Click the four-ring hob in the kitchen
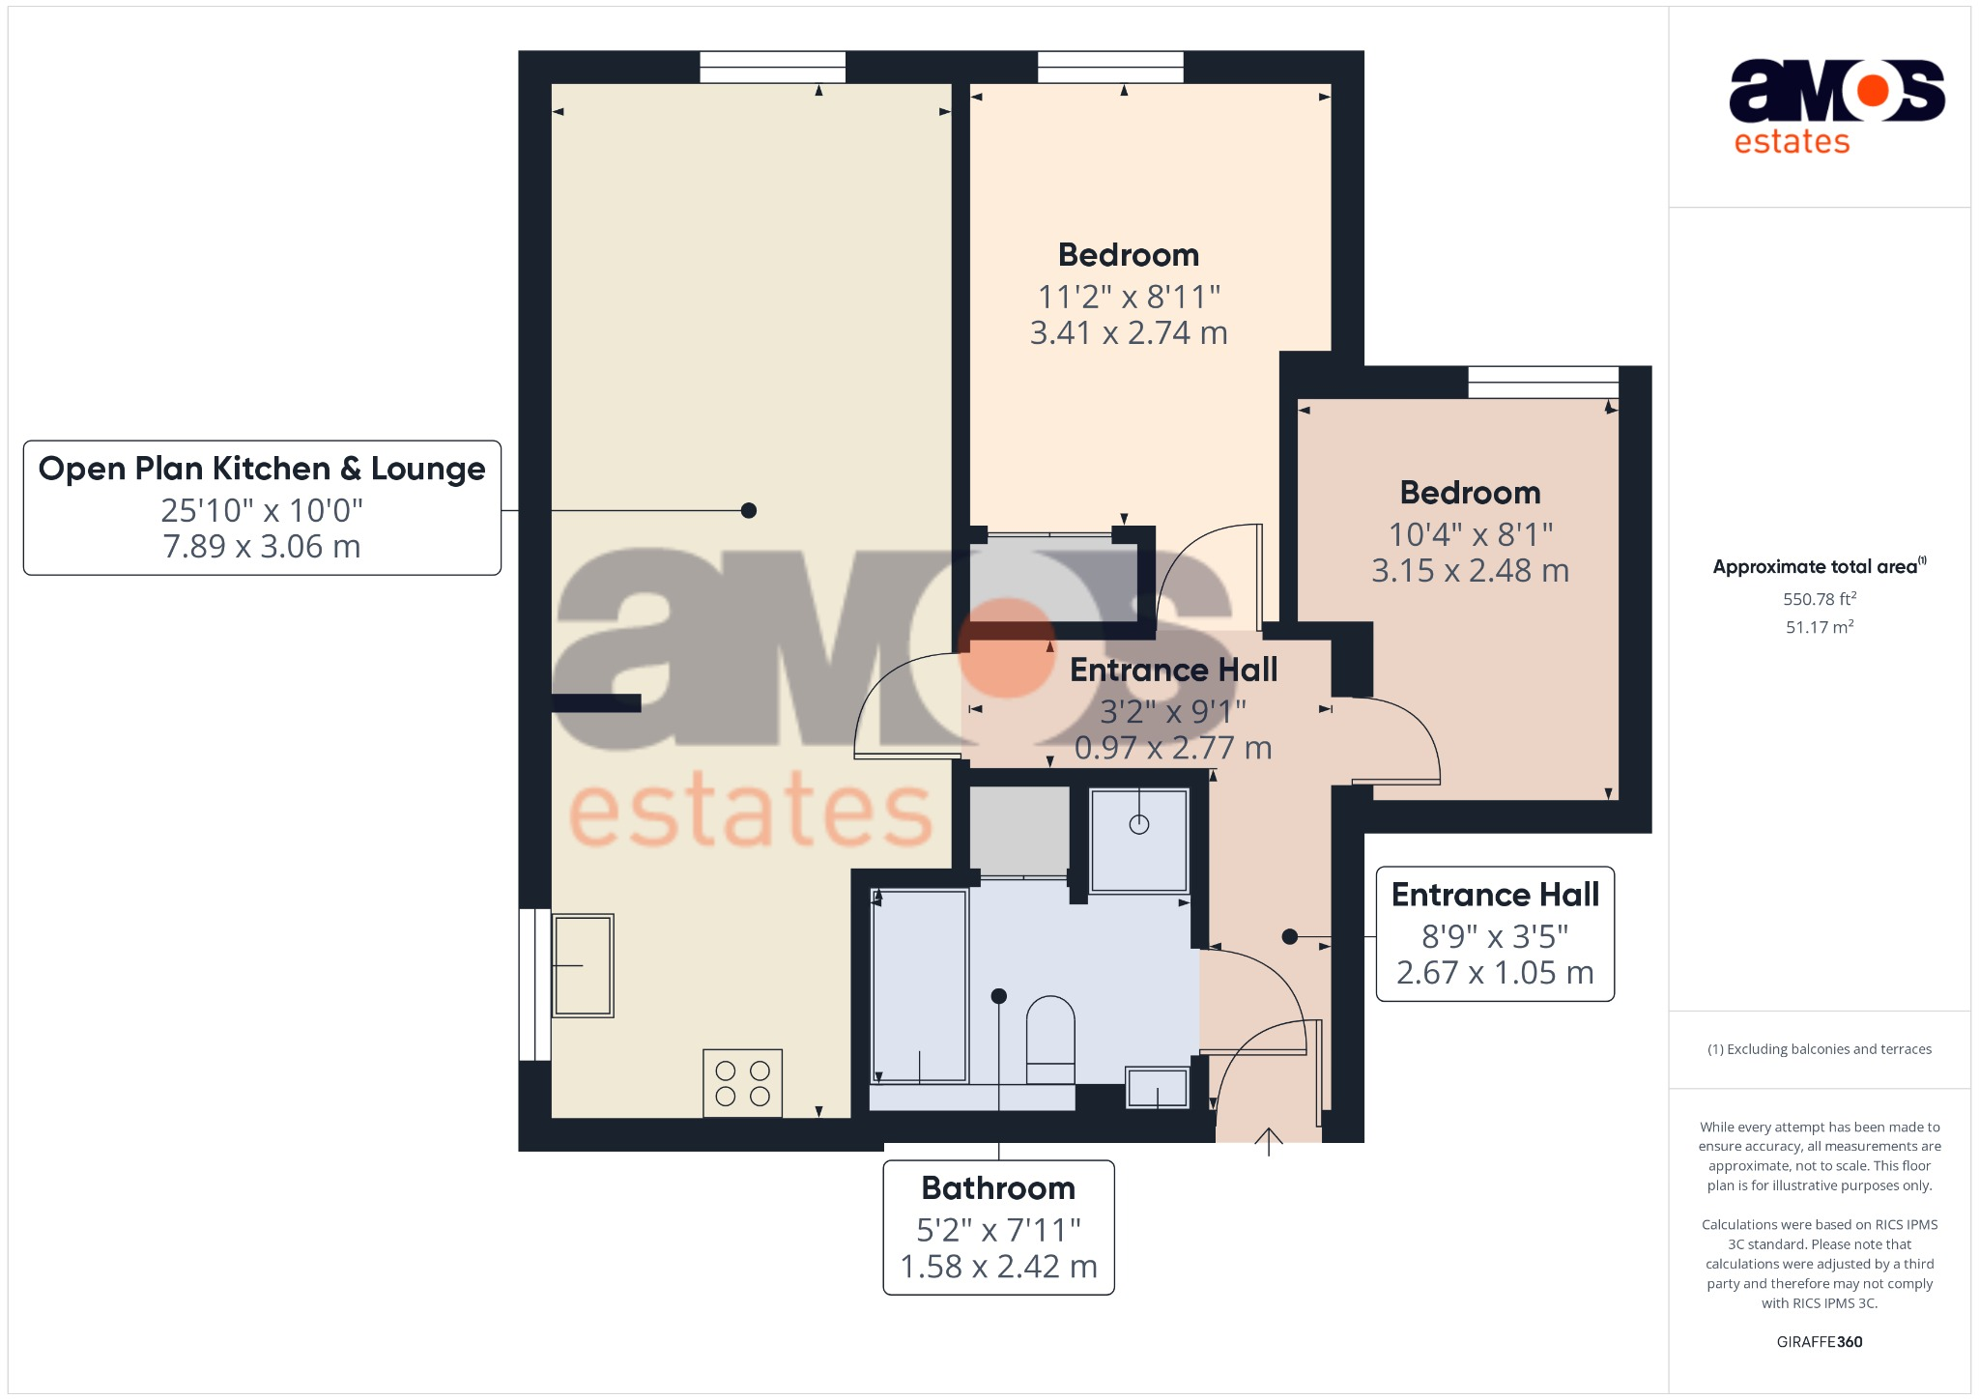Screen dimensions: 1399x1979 coord(742,1083)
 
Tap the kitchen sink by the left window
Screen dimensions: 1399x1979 coord(583,965)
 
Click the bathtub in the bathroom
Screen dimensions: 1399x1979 coord(919,985)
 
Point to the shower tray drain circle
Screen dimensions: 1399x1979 coord(1139,824)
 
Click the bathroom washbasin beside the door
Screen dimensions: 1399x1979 coord(1158,1088)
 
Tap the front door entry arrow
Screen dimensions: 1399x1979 coord(1268,1141)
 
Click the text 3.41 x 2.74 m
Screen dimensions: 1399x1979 coord(1129,333)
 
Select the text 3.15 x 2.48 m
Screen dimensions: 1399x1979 coord(1470,571)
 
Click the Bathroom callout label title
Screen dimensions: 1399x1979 coord(998,1188)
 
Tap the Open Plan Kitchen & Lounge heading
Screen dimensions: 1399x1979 coord(262,469)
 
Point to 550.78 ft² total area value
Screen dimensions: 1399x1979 coord(1820,599)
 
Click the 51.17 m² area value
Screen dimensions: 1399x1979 coord(1820,627)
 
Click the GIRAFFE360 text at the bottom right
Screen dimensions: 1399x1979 coord(1820,1342)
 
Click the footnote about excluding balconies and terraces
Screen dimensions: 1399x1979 coord(1820,1049)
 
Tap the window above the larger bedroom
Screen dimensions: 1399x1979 coord(1110,68)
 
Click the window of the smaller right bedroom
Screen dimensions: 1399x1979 coord(1543,383)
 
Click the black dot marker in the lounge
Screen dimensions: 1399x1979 coord(749,510)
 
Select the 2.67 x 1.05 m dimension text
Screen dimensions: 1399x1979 coord(1495,973)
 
